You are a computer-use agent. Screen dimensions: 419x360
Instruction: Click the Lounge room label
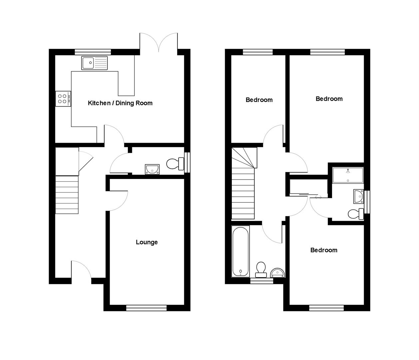pos(147,242)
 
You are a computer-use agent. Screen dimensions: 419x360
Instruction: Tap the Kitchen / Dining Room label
pos(120,103)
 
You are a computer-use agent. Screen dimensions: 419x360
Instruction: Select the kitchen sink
pos(95,63)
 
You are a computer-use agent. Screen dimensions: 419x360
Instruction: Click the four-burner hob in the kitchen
pos(63,99)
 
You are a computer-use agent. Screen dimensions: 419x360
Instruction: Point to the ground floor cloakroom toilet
pos(175,164)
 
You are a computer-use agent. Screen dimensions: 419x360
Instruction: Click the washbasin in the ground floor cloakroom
pos(152,169)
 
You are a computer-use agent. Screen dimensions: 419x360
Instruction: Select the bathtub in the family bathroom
pos(240,251)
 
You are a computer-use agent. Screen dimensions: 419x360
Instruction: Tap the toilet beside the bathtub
pos(261,270)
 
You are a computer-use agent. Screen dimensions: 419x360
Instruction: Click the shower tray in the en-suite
pos(348,175)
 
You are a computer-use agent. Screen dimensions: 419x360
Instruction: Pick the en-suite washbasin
pos(359,196)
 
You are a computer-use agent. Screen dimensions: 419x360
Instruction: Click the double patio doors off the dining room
pos(159,42)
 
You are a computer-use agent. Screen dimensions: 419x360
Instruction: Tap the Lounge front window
pos(146,308)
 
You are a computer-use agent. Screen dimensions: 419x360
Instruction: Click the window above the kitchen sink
pos(93,52)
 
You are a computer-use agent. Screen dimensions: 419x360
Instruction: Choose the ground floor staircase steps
pos(67,195)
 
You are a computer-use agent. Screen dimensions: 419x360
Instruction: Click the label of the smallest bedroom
pos(259,100)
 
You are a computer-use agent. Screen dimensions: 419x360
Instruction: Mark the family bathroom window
pos(262,281)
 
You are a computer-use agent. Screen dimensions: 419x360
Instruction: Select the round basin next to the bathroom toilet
pos(278,273)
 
